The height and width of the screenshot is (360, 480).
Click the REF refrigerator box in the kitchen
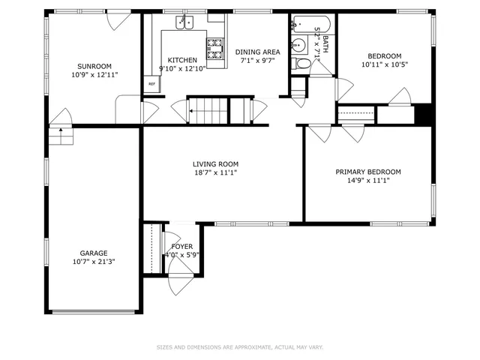[151, 84]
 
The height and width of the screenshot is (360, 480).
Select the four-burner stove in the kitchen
[215, 48]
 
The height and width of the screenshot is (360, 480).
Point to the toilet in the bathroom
[303, 64]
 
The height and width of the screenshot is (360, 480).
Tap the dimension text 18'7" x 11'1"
[215, 173]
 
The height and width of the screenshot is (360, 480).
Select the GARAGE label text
[94, 253]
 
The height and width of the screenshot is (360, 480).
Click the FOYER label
[181, 246]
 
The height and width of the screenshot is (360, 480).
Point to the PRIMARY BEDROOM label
[367, 171]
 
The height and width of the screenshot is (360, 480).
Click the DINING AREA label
[257, 52]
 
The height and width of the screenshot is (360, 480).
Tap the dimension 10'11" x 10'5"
[383, 65]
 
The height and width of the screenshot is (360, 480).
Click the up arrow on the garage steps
[58, 136]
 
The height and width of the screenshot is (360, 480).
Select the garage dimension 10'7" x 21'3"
[94, 262]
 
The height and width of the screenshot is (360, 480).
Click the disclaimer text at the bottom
[239, 347]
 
